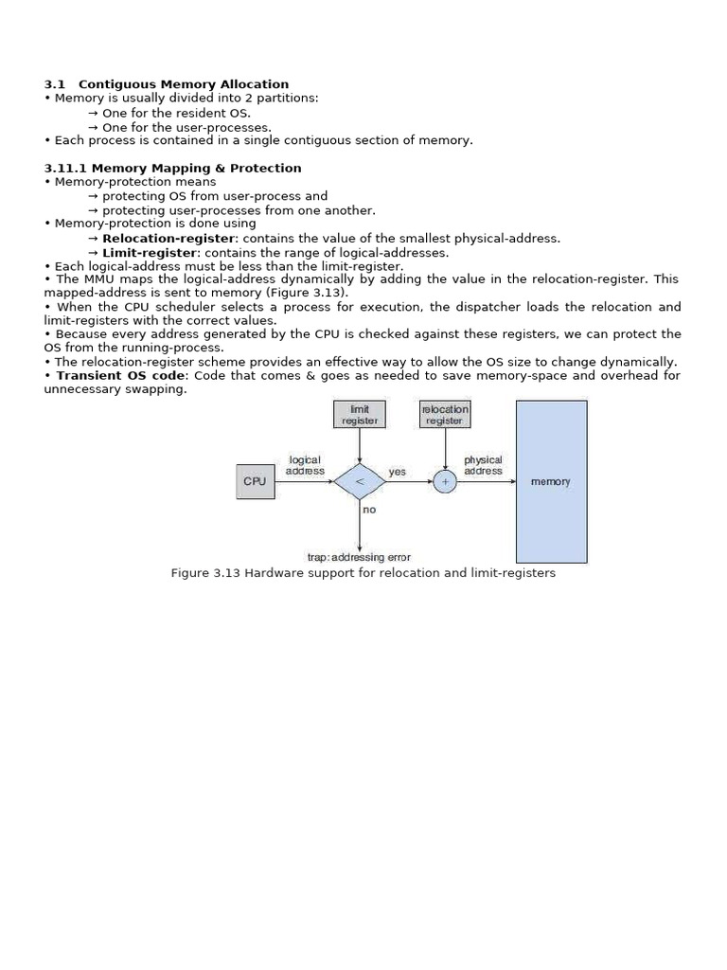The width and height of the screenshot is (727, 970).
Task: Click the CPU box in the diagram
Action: point(255,481)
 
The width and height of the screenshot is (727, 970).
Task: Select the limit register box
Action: point(360,415)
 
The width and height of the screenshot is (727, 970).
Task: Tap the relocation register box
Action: point(445,415)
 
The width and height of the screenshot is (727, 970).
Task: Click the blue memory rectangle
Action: point(551,481)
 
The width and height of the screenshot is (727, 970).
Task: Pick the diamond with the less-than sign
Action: point(360,481)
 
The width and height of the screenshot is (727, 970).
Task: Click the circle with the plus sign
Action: point(445,481)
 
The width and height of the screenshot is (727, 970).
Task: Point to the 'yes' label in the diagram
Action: point(397,472)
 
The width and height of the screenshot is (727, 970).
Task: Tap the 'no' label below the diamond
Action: point(369,510)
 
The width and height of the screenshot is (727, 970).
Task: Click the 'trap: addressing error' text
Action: point(359,558)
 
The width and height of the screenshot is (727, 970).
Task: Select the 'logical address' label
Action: point(305,465)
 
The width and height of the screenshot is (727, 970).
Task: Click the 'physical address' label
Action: point(483,465)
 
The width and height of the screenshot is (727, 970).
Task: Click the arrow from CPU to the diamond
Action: point(303,481)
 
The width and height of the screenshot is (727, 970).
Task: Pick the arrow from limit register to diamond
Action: point(360,445)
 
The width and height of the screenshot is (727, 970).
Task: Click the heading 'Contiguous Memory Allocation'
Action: point(184,84)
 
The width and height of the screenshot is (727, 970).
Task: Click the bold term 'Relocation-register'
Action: point(168,239)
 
